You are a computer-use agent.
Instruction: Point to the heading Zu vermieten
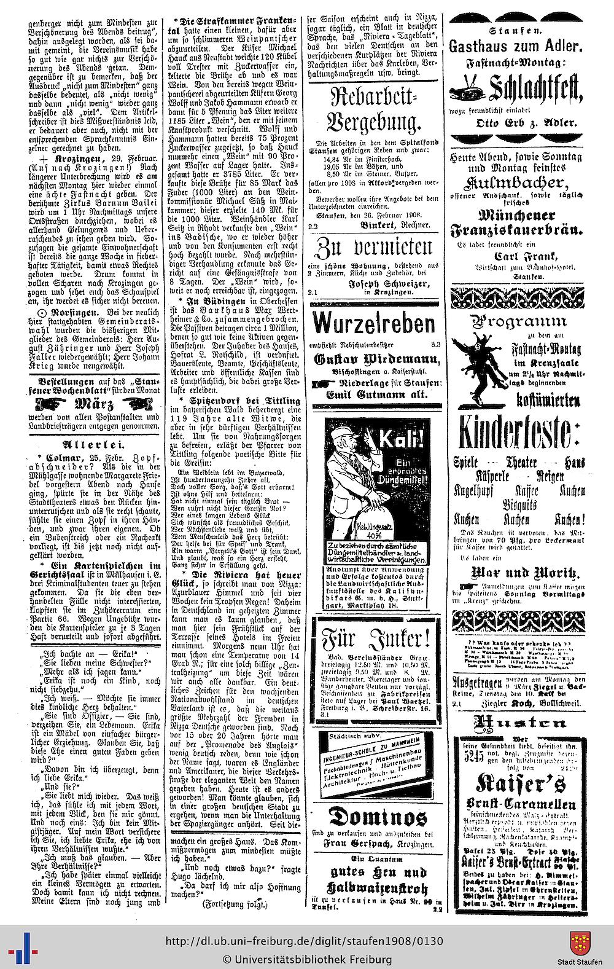tap(374, 251)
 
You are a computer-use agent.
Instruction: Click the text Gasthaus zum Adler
tap(516, 46)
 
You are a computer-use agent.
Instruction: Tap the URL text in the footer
tap(307, 941)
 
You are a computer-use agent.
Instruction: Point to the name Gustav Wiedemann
tap(376, 359)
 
